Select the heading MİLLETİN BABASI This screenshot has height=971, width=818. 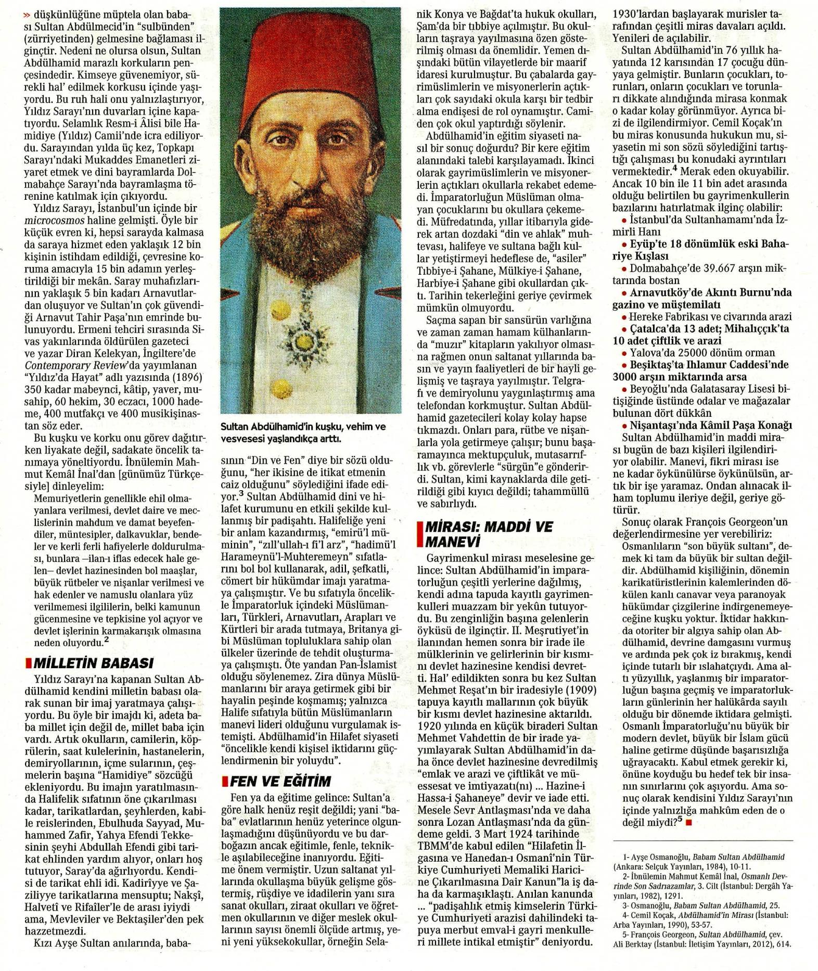tap(93, 663)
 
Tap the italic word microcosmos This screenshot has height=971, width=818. tap(49, 220)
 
